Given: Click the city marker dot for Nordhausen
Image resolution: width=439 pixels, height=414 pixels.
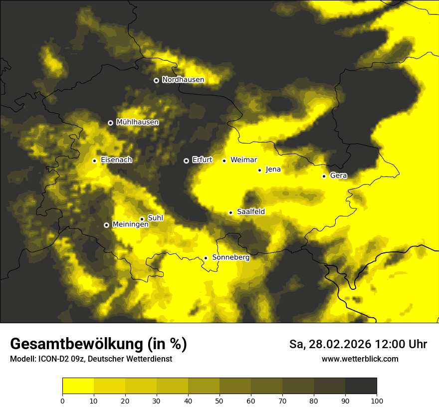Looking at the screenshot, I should (156, 80).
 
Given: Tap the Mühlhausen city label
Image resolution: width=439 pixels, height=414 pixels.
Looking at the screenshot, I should (137, 122).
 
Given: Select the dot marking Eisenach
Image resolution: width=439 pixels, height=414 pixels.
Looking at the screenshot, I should (94, 161).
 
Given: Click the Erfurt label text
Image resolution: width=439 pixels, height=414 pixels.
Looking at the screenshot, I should (202, 160).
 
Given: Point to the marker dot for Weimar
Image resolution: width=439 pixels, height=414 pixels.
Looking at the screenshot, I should (224, 161).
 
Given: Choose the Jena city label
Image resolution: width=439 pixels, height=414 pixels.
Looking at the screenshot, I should (273, 170).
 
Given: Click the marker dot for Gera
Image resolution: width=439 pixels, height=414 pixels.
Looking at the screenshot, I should (324, 176).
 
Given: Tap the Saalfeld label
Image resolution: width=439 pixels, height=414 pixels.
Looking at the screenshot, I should (250, 212).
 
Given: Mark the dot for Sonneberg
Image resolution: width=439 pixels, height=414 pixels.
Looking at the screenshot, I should (206, 258).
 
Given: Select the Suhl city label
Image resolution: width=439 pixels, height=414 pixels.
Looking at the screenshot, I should (155, 218).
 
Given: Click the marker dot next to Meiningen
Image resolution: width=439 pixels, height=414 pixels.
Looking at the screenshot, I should (106, 225).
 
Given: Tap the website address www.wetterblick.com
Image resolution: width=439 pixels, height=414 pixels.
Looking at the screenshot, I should (360, 359).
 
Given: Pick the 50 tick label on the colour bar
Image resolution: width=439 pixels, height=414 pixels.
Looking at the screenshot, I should (219, 401).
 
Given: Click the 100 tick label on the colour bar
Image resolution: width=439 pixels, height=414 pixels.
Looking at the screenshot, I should (377, 401).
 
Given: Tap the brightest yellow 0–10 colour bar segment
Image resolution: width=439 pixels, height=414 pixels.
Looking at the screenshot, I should (78, 386).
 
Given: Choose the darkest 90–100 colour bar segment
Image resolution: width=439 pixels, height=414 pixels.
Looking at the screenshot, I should (361, 386).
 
